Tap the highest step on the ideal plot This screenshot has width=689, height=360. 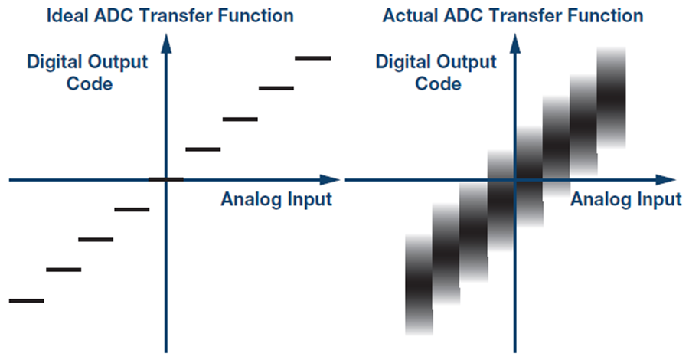coord(313,58)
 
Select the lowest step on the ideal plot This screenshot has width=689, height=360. coord(26,301)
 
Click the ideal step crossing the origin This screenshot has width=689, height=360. coord(165,179)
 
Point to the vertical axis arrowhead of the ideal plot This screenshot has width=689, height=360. coord(166,44)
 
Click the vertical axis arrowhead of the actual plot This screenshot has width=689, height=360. coord(514,44)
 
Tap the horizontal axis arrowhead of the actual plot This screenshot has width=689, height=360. coord(665,180)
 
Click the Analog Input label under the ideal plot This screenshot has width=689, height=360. coord(276,199)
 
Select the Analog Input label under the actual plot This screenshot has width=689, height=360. coord(625,199)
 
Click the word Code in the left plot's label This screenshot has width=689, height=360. coord(90,84)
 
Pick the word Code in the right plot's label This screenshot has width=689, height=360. coord(438,84)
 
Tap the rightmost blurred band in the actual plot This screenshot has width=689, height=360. coord(611,97)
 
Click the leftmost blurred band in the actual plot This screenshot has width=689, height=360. coord(420,284)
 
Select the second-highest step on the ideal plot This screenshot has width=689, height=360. coord(276,88)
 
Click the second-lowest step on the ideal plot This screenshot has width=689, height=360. coord(64,270)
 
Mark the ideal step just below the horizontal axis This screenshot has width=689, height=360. coord(132,210)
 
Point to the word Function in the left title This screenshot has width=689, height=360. coord(256,16)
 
